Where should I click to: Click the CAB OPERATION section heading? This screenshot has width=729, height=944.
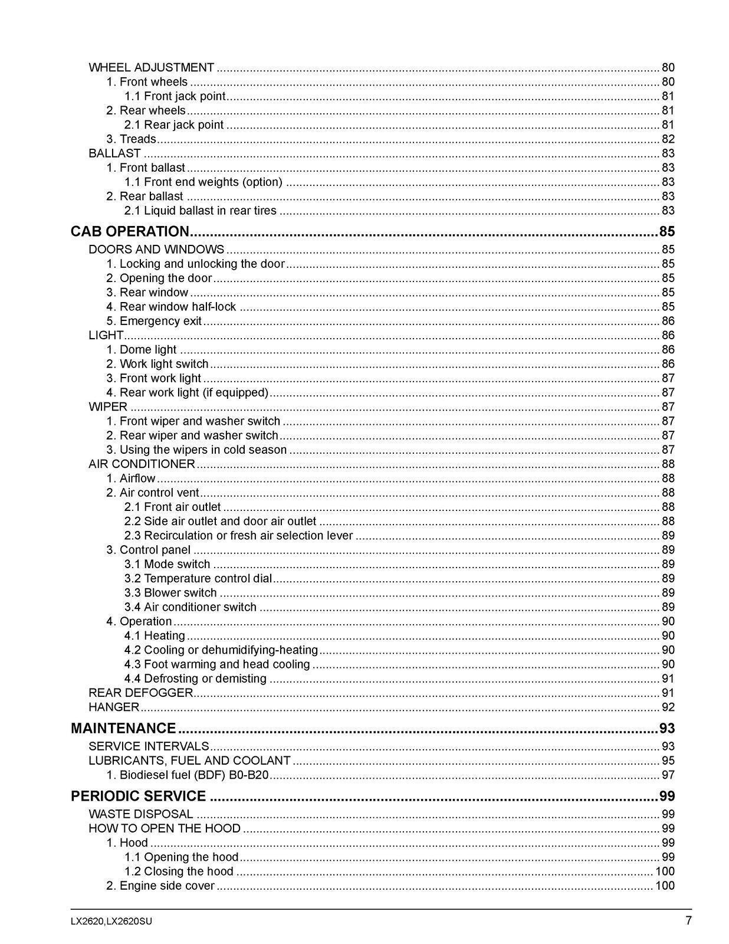(x=129, y=231)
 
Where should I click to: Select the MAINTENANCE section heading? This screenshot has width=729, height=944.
(x=123, y=728)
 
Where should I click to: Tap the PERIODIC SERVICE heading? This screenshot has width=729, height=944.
(x=138, y=796)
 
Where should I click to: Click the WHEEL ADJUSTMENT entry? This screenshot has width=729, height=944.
(x=151, y=67)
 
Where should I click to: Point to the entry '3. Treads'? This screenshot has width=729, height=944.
(x=131, y=139)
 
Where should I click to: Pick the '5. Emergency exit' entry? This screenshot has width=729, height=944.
(x=154, y=321)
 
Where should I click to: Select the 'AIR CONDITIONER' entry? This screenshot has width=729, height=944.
(x=142, y=464)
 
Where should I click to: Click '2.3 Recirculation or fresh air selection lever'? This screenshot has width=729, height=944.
(x=238, y=535)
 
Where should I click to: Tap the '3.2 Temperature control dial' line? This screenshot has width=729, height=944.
(x=198, y=578)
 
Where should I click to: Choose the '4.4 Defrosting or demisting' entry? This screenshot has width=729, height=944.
(x=195, y=678)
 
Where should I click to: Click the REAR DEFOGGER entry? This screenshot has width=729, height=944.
(x=140, y=693)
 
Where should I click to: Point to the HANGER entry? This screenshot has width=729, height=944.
(x=114, y=707)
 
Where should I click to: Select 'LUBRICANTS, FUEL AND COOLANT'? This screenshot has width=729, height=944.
(x=189, y=761)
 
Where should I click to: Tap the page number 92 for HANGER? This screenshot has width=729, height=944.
(x=668, y=707)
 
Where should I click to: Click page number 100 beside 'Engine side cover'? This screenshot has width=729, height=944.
(x=665, y=886)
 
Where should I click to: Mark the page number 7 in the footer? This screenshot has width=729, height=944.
(x=688, y=920)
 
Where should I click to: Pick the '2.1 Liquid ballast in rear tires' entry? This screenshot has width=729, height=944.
(x=200, y=211)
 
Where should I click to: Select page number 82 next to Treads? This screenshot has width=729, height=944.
(x=668, y=139)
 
